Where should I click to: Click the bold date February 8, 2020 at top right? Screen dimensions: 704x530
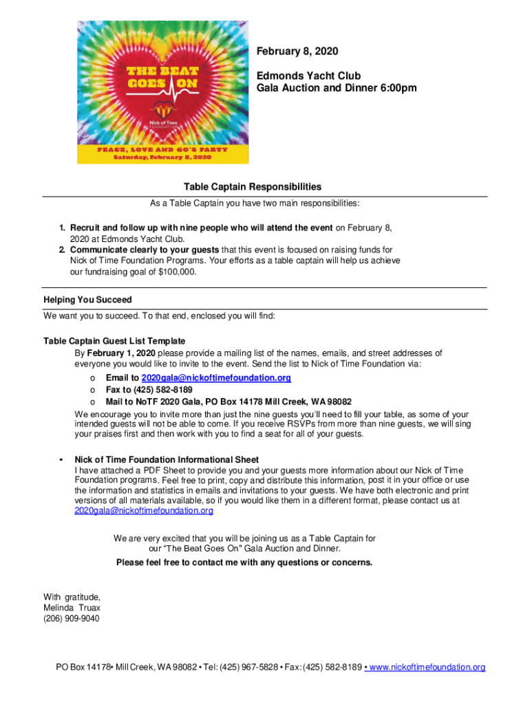pos(297,52)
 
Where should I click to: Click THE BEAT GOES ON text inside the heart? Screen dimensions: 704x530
pos(162,76)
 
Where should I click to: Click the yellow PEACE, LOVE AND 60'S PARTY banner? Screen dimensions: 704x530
pos(162,151)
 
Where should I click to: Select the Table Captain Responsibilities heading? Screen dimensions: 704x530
pos(252,187)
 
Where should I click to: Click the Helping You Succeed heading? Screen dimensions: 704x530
pos(87,300)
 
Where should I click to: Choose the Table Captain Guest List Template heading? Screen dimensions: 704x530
pos(114,341)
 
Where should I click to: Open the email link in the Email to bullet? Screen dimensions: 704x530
pos(215,378)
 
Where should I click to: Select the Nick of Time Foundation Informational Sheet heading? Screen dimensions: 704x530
pos(167,459)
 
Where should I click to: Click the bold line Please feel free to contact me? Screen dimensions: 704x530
pos(244,562)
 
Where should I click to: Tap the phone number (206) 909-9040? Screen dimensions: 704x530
pos(71,619)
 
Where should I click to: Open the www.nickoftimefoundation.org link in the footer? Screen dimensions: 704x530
pos(427,668)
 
